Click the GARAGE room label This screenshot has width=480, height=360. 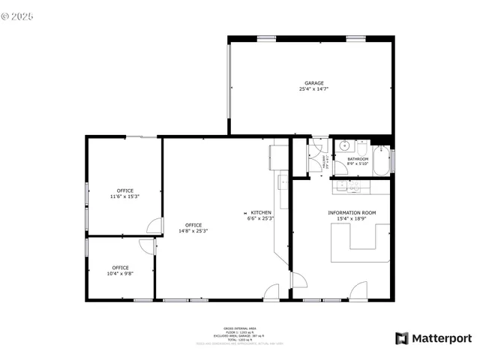point(313,82)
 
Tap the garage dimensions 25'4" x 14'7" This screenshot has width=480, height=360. point(313,89)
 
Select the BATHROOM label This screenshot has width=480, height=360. point(358,158)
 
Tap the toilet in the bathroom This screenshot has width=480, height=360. point(342,167)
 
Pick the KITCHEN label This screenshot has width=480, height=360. point(261,213)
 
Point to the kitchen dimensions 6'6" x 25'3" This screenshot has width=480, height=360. point(261,219)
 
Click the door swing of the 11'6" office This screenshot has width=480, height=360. point(154,224)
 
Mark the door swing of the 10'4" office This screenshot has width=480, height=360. point(146,245)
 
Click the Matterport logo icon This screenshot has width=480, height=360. point(402,338)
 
